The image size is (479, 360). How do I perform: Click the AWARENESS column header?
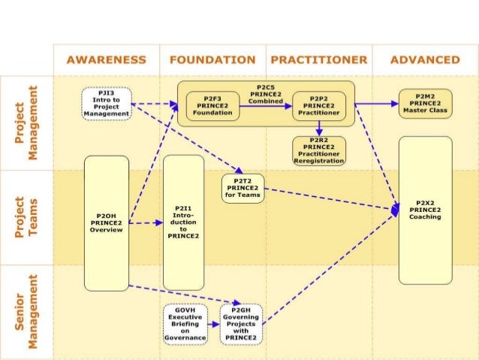tap(106, 59)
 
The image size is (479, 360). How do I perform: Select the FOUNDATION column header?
tap(212, 59)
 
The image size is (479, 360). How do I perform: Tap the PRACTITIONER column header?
tap(318, 59)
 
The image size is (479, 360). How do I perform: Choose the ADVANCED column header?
tap(425, 59)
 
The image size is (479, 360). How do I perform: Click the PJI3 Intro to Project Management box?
tap(107, 104)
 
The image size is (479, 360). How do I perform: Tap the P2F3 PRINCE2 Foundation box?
tap(212, 105)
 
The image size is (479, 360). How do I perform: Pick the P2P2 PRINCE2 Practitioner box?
tap(319, 105)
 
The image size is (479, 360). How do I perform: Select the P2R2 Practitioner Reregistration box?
tap(319, 150)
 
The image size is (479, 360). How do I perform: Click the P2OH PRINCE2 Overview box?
tap(106, 222)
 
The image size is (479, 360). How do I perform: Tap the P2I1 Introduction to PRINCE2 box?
tap(183, 222)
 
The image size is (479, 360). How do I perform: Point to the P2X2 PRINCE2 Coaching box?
tap(425, 210)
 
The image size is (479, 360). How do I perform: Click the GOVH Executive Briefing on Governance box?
tap(185, 324)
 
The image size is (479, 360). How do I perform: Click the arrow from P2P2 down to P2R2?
tap(319, 128)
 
